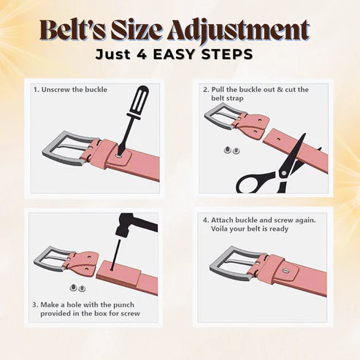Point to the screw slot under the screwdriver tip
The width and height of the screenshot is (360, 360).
pos(119,156)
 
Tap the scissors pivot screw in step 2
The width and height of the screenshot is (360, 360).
pos(283,173)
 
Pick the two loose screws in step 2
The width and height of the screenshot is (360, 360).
pos(231,150)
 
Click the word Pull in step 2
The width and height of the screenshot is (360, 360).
pos(218,90)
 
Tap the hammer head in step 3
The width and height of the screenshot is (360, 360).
pos(137,225)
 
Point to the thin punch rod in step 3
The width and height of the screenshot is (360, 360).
pos(115,254)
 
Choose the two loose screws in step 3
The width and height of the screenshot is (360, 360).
pos(78,288)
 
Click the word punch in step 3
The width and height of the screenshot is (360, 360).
pos(123,305)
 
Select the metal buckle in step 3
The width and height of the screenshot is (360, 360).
pos(53,259)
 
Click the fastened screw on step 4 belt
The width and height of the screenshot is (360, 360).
pos(286,271)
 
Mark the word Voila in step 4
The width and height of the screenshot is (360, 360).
pos(219,229)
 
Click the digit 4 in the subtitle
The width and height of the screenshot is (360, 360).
pos(142,54)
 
